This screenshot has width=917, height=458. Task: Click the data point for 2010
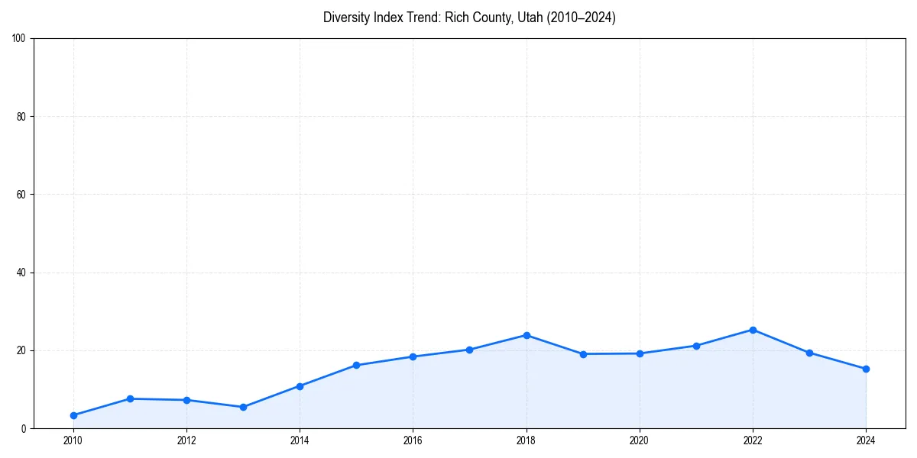tap(73, 415)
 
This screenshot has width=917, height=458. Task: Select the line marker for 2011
tap(130, 398)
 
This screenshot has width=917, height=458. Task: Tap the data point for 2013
tap(243, 407)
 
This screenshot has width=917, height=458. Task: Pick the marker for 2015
tap(356, 365)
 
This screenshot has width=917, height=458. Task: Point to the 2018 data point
tap(527, 335)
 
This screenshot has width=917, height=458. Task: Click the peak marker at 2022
tap(753, 330)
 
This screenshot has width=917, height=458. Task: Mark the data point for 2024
tap(866, 369)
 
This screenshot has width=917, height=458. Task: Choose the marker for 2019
tap(583, 354)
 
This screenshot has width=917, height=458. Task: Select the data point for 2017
tap(469, 350)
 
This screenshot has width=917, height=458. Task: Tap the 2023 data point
tap(809, 353)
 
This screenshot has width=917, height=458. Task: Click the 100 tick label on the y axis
tap(18, 38)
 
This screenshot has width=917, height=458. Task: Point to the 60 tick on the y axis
tap(21, 195)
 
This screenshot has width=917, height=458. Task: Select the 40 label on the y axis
tap(21, 273)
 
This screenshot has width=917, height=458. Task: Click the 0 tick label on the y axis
tap(24, 428)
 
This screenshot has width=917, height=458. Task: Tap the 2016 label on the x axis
tap(413, 440)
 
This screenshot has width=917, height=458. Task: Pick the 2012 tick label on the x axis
tap(186, 440)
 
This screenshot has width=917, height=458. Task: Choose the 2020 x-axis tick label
tap(640, 440)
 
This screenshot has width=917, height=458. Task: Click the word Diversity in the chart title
tap(345, 18)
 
